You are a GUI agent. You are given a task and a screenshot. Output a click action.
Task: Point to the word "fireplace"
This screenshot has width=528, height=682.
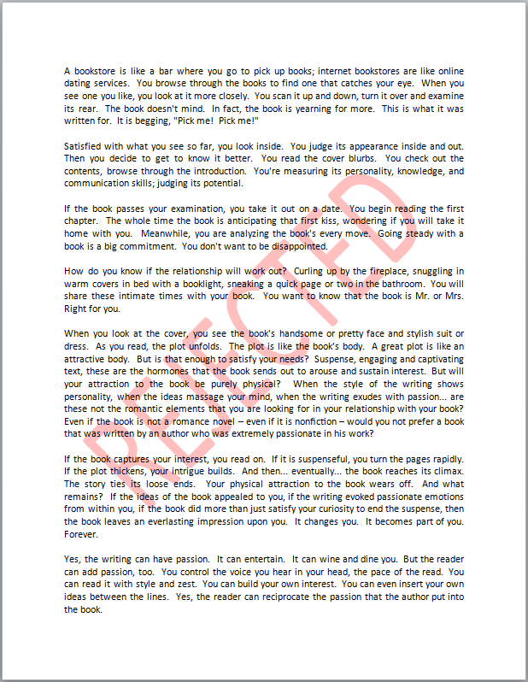click(x=392, y=271)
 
